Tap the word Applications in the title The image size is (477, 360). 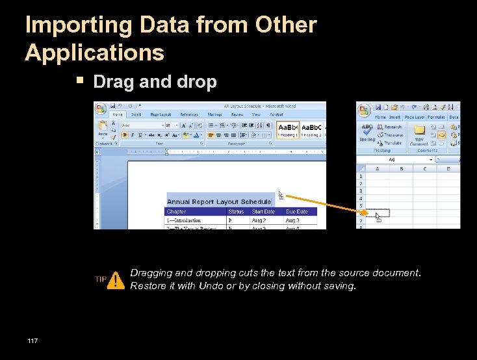(95, 52)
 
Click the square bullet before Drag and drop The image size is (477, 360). (80, 81)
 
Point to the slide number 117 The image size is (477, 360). (32, 341)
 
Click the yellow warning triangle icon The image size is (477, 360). (116, 280)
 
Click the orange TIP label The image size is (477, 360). (101, 279)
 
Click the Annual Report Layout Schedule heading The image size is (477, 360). (218, 202)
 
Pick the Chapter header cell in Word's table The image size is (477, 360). (177, 212)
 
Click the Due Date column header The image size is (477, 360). (296, 212)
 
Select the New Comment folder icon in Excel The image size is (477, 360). (419, 129)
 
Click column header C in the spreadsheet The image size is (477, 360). (424, 169)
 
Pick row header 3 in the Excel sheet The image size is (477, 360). (361, 192)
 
